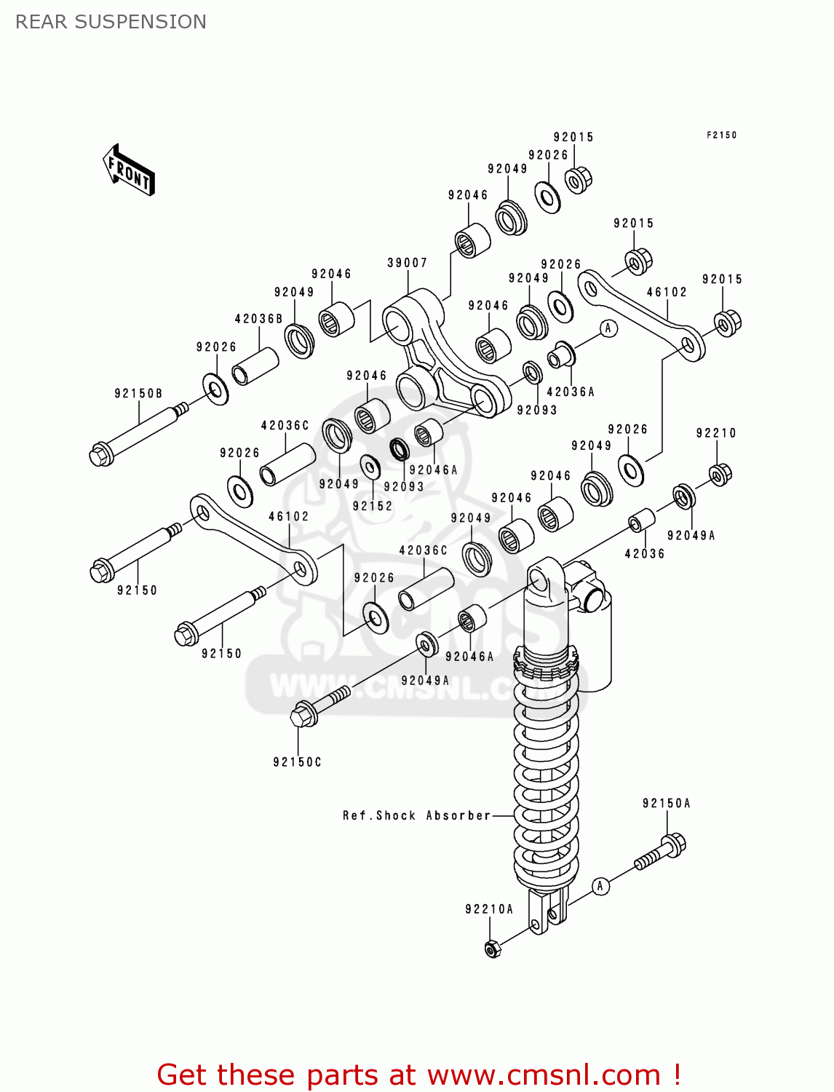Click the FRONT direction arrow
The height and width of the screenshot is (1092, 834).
tap(129, 170)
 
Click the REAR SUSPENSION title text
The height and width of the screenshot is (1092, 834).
tap(111, 22)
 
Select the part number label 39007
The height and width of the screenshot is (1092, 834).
tap(407, 263)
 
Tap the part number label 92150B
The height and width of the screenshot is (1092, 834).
tap(138, 394)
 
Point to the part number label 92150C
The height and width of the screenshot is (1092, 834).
tap(297, 762)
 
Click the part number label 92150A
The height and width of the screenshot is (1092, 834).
tap(666, 804)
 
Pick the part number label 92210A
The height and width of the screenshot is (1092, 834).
tap(489, 909)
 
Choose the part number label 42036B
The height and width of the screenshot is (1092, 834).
tap(258, 319)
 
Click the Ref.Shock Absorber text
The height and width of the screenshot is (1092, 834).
tap(417, 815)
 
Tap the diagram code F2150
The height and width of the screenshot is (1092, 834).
tap(721, 135)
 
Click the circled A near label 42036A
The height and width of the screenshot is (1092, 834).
tap(608, 328)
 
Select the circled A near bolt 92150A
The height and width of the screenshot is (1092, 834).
tap(600, 886)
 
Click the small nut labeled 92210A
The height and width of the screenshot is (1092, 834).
tap(493, 949)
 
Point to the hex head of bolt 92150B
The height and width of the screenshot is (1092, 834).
tap(101, 454)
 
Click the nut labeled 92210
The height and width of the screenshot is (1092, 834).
tap(720, 474)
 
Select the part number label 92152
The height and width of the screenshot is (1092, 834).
tap(372, 506)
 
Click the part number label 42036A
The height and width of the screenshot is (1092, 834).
tap(571, 392)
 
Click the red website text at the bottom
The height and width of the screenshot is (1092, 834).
tap(418, 1075)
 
